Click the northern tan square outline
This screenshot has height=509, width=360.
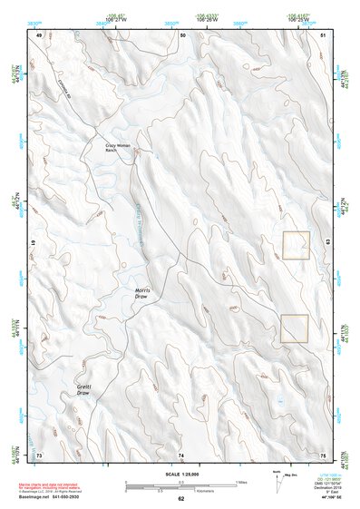pos(296,246)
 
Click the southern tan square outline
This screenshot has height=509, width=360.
pos(295,328)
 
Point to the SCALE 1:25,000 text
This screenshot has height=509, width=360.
pos(180,475)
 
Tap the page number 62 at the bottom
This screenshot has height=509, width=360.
pos(180,499)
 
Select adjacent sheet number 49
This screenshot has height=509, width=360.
pos(39,34)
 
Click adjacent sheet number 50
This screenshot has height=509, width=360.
pos(182,34)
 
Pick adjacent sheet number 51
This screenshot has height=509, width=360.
pos(323,34)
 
